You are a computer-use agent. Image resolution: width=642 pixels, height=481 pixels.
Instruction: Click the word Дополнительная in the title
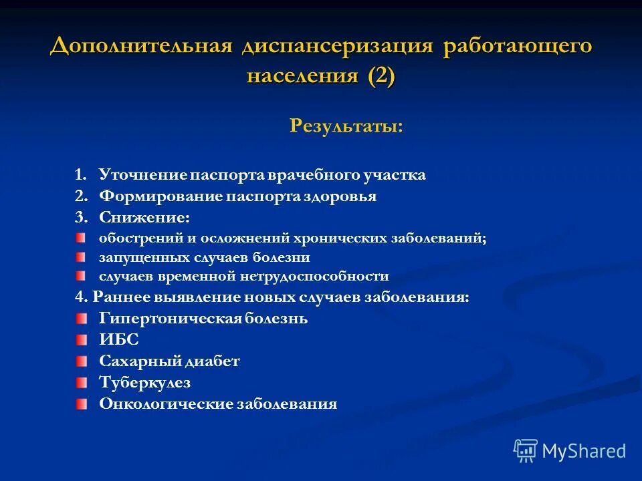[141, 47]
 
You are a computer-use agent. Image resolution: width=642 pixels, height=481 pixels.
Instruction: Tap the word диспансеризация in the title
[337, 47]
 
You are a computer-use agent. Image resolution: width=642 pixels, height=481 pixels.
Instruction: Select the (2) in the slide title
[381, 75]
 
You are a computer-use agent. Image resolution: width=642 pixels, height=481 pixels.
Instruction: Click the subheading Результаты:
[346, 126]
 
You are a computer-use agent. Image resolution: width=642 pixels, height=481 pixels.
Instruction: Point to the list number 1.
[80, 175]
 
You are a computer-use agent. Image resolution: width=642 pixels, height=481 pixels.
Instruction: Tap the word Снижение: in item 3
[144, 218]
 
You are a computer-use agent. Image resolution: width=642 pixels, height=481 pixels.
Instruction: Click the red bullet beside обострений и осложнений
[81, 238]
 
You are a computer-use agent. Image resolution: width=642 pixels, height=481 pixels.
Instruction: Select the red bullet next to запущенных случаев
[81, 257]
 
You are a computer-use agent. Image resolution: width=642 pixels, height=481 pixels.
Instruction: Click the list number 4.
[79, 297]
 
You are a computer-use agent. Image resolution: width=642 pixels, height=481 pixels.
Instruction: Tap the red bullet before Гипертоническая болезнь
[81, 318]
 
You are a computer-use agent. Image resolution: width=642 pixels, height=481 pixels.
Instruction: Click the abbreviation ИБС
[119, 340]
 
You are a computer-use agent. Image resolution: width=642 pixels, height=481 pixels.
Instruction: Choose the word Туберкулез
[144, 383]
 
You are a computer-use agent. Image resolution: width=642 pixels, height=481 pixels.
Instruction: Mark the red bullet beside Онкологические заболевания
[81, 404]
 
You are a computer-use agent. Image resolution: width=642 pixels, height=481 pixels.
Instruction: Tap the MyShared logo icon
[526, 450]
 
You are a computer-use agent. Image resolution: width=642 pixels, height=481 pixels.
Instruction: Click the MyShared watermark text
[584, 451]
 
